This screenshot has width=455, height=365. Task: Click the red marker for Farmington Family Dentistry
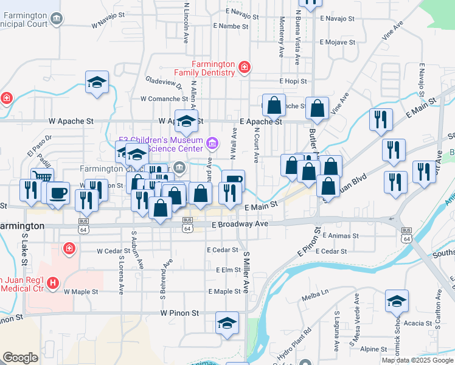click(244, 66)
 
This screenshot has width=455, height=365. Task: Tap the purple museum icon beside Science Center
click(212, 144)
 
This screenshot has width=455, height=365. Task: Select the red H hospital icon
click(53, 282)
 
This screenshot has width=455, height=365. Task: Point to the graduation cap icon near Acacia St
click(397, 301)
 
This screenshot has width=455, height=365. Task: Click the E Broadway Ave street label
click(240, 224)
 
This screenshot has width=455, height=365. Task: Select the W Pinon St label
click(179, 313)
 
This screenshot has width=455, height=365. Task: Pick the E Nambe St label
click(229, 27)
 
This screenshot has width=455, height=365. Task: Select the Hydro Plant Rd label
click(299, 341)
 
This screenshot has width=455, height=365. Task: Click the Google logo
click(20, 358)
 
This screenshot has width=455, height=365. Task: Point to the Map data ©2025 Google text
click(417, 360)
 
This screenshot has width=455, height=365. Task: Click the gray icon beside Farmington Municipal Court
click(56, 19)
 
